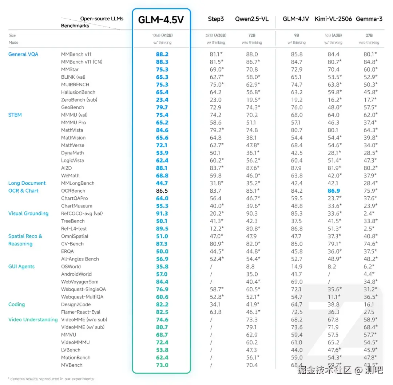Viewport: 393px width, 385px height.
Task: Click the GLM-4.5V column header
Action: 161,20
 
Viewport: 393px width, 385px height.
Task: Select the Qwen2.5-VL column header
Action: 251,19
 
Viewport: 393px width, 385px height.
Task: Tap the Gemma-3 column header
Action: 369,19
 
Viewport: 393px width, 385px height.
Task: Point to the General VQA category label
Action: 23,54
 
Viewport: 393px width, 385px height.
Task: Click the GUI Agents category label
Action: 21,267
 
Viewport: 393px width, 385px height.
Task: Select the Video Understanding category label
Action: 33,320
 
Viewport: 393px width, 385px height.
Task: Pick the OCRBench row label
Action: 73,191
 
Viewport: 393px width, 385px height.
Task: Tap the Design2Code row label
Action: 76,305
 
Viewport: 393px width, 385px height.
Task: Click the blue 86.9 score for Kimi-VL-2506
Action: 333,191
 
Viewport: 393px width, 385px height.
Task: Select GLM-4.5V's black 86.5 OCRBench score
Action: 162,191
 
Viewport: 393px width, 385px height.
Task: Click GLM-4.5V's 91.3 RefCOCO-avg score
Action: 162,213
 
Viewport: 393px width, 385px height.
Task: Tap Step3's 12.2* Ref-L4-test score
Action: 216,229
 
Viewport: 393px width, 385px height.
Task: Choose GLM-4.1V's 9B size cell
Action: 297,35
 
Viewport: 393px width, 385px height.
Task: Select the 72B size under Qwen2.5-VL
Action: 251,35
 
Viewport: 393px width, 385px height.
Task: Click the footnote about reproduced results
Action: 51,379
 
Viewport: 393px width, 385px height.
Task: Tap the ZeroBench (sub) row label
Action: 79,100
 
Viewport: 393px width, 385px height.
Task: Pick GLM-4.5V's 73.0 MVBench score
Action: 162,365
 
